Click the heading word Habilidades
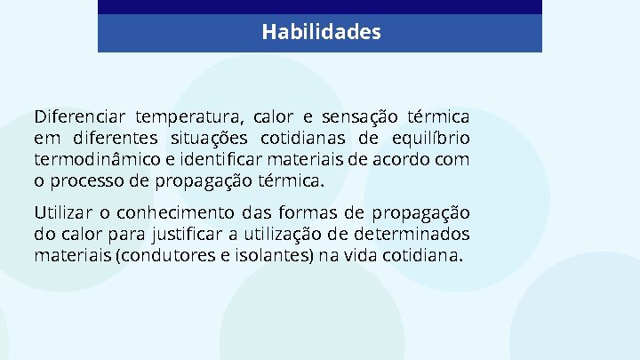pos(321,33)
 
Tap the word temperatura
pos(188,117)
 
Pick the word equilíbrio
pos(432,139)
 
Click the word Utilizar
pos(61,213)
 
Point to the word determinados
pos(419,235)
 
